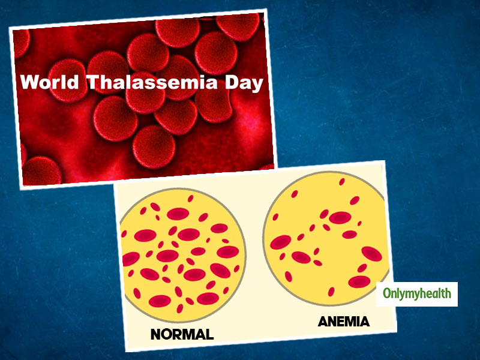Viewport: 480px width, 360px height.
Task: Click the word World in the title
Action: [50, 82]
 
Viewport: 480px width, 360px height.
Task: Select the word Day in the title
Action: [244, 83]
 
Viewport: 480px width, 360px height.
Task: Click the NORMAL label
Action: [182, 334]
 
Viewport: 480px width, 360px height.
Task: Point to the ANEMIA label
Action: [344, 322]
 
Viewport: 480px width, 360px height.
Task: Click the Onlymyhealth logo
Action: [417, 294]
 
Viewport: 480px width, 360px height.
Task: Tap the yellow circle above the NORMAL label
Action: [183, 254]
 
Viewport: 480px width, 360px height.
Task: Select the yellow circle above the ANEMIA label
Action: [326, 238]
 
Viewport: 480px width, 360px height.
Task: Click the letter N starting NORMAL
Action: [156, 335]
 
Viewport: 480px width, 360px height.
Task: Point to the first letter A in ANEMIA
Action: [323, 322]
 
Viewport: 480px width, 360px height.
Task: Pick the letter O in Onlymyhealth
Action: [387, 293]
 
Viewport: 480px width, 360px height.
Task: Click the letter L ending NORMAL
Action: [209, 334]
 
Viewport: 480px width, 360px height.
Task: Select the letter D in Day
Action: [232, 82]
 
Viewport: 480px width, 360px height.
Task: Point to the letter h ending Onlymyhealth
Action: [448, 293]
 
